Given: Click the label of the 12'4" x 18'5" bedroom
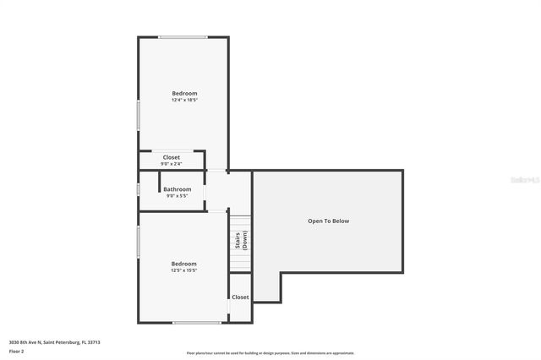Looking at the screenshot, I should (184, 93).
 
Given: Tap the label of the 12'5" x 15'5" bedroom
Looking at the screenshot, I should (184, 264).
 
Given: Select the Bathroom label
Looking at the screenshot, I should (178, 189).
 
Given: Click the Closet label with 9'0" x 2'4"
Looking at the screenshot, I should (172, 157).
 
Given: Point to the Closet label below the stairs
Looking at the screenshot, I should (240, 297).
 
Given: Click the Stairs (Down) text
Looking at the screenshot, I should (240, 240).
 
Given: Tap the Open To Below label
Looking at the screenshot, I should (328, 221).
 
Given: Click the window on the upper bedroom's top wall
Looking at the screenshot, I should (183, 37).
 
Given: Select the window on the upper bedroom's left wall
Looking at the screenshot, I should (139, 115).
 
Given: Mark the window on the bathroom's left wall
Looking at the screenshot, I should (139, 188).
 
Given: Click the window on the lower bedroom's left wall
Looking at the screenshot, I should (139, 241).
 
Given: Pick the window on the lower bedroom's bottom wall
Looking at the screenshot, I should (197, 322).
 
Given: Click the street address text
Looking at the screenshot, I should (54, 342).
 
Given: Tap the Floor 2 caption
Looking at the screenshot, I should (17, 351).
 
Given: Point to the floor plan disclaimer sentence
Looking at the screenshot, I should (270, 353).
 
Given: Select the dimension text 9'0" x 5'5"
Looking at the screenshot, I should (178, 196).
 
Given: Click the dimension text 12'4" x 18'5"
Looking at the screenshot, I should (184, 100).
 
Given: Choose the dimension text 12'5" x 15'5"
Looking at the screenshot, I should (184, 270).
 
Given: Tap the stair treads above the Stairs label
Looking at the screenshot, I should (240, 221).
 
